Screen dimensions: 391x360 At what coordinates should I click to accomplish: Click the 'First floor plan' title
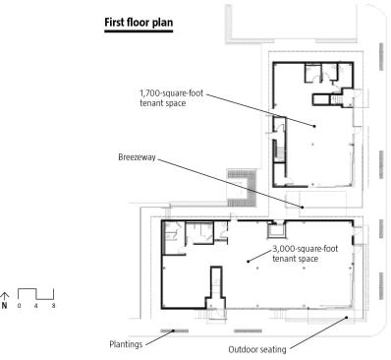pyautogui.click(x=139, y=23)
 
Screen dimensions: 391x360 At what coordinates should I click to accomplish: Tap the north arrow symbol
pyautogui.click(x=5, y=296)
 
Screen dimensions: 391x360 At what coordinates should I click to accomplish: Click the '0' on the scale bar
pyautogui.click(x=19, y=306)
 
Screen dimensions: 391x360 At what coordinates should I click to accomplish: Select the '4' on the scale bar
pyautogui.click(x=36, y=306)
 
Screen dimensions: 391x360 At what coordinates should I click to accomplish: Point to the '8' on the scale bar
pyautogui.click(x=53, y=306)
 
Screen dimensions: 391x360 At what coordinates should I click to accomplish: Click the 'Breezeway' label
pyautogui.click(x=137, y=157)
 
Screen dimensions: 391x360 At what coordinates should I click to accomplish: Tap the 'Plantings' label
pyautogui.click(x=126, y=344)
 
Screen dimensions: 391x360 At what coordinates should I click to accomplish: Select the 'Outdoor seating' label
pyautogui.click(x=257, y=349)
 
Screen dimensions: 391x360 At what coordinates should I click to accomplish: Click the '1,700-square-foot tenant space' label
pyautogui.click(x=171, y=98)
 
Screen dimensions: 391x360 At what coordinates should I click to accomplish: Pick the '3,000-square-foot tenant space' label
pyautogui.click(x=305, y=254)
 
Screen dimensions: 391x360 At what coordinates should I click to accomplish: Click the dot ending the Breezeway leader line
pyautogui.click(x=303, y=208)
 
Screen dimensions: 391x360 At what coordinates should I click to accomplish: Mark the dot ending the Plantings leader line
pyautogui.click(x=173, y=331)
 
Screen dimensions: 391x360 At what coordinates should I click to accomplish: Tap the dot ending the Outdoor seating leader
pyautogui.click(x=347, y=317)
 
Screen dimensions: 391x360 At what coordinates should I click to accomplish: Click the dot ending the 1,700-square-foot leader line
pyautogui.click(x=314, y=126)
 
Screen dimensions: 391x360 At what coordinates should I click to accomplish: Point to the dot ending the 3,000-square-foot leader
pyautogui.click(x=249, y=262)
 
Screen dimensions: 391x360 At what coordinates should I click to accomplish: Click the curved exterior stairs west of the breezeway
pyautogui.click(x=252, y=188)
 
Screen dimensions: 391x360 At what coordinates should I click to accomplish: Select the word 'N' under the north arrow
pyautogui.click(x=4, y=306)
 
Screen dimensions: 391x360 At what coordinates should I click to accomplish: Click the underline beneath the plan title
pyautogui.click(x=139, y=31)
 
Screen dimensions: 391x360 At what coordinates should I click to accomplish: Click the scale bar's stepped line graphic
pyautogui.click(x=36, y=294)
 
